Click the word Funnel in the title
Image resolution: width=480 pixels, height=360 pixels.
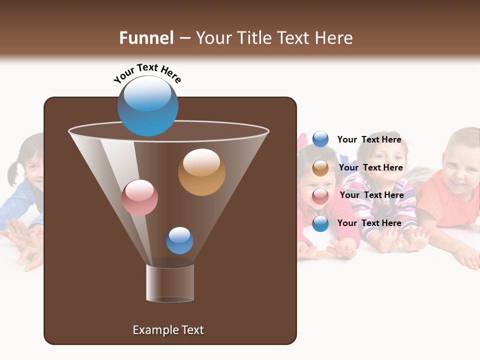[x=146, y=38]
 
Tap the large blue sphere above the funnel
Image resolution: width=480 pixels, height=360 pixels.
[x=147, y=105]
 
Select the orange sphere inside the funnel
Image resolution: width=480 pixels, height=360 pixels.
[x=201, y=172]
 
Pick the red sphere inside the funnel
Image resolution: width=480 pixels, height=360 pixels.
[x=139, y=197]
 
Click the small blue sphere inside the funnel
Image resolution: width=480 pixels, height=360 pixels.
[x=179, y=240]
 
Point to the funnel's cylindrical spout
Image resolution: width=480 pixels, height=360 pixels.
[x=170, y=282]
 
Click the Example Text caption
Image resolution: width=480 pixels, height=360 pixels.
[x=168, y=330]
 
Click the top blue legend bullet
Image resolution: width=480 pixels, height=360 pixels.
[x=320, y=139]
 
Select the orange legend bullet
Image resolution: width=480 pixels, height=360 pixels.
[x=320, y=168]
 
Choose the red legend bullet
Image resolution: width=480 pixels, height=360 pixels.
[x=320, y=195]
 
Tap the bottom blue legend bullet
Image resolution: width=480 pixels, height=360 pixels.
[x=320, y=223]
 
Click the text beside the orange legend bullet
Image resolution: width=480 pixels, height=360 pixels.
[x=370, y=168]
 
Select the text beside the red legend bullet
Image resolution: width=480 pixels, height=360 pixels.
[x=371, y=195]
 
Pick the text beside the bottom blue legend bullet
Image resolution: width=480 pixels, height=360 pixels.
[x=369, y=223]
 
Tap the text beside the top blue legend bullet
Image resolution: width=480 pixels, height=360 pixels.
[x=369, y=140]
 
